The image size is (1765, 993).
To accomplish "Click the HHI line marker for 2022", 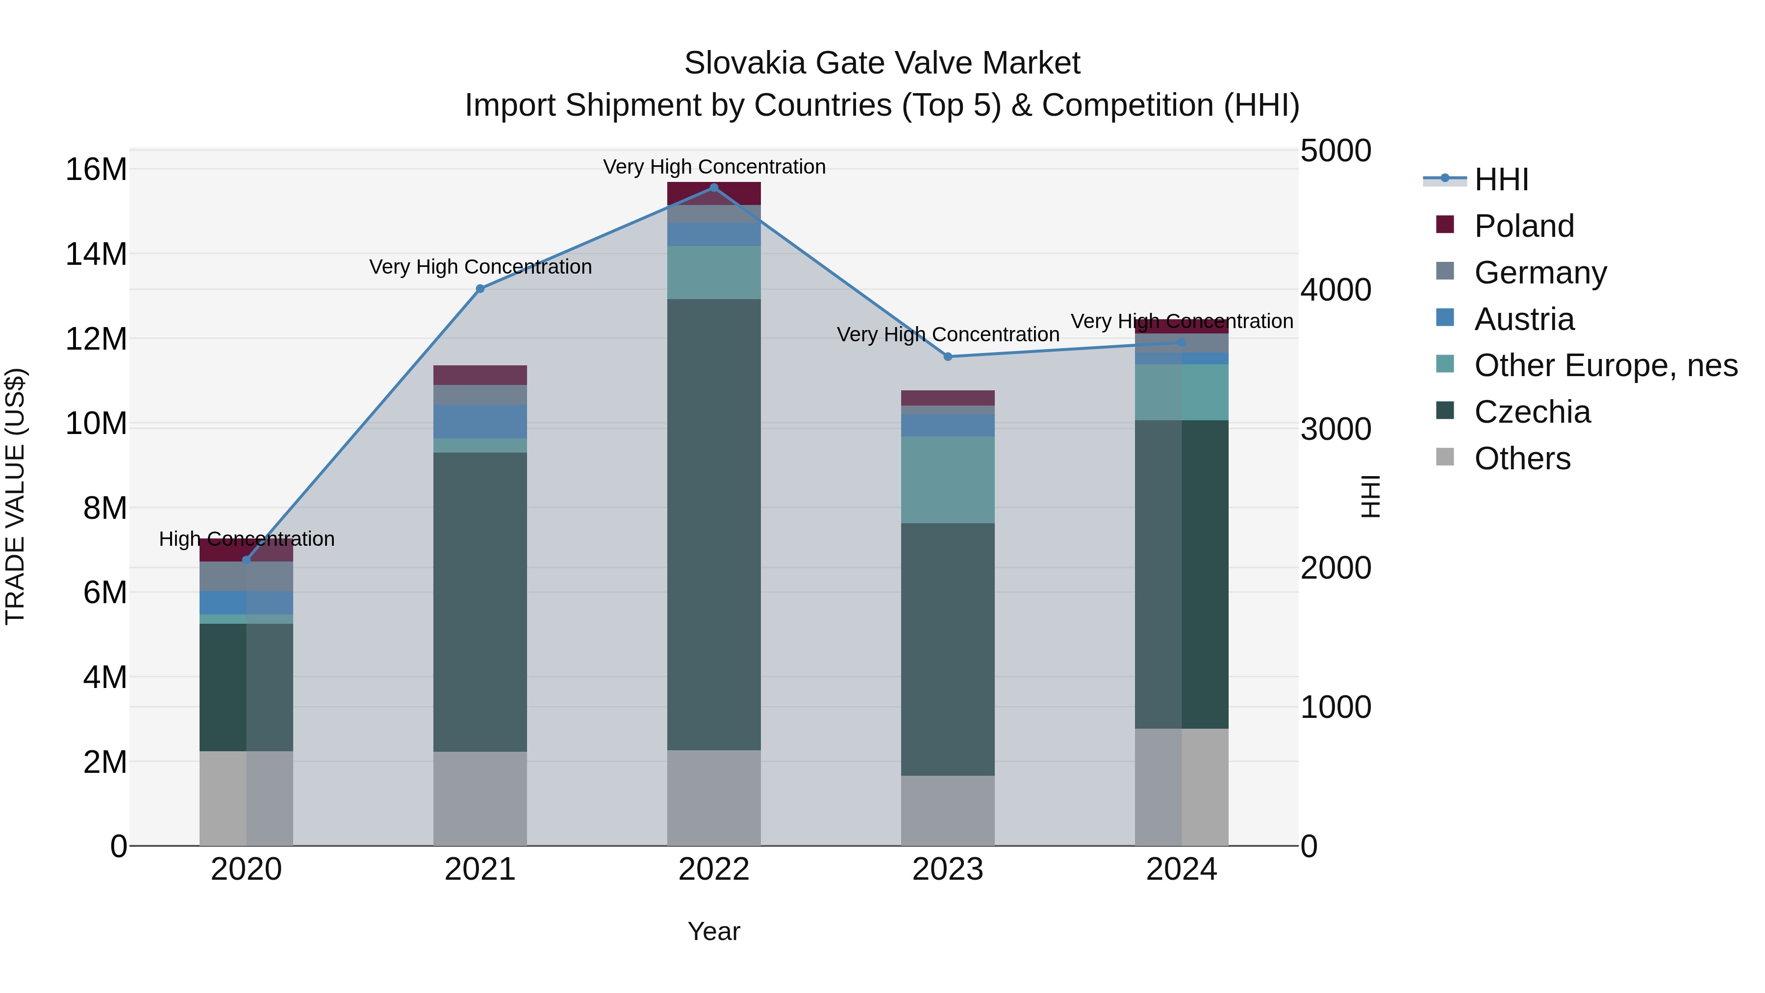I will (714, 188).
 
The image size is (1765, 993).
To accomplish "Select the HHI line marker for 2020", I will (247, 560).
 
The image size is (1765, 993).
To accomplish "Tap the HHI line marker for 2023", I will (948, 356).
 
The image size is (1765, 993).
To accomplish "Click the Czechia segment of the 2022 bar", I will (714, 524).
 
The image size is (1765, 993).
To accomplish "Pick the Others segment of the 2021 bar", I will (480, 798).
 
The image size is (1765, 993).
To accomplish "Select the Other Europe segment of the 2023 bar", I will (948, 480).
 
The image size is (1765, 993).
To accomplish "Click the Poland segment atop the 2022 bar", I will (714, 193).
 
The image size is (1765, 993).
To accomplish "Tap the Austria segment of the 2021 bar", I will (480, 421).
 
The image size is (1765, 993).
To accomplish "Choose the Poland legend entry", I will (1524, 226).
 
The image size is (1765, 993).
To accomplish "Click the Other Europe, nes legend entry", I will (1605, 365).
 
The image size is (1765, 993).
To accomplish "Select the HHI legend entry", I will (1501, 179).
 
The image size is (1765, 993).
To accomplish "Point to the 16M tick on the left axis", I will (96, 169).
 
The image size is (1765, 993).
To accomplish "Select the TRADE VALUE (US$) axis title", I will (16, 496).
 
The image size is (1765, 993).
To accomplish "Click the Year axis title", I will (714, 931).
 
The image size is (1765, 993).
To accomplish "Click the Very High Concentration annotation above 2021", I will (480, 267).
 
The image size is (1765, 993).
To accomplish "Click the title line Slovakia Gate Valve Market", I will (882, 63).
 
